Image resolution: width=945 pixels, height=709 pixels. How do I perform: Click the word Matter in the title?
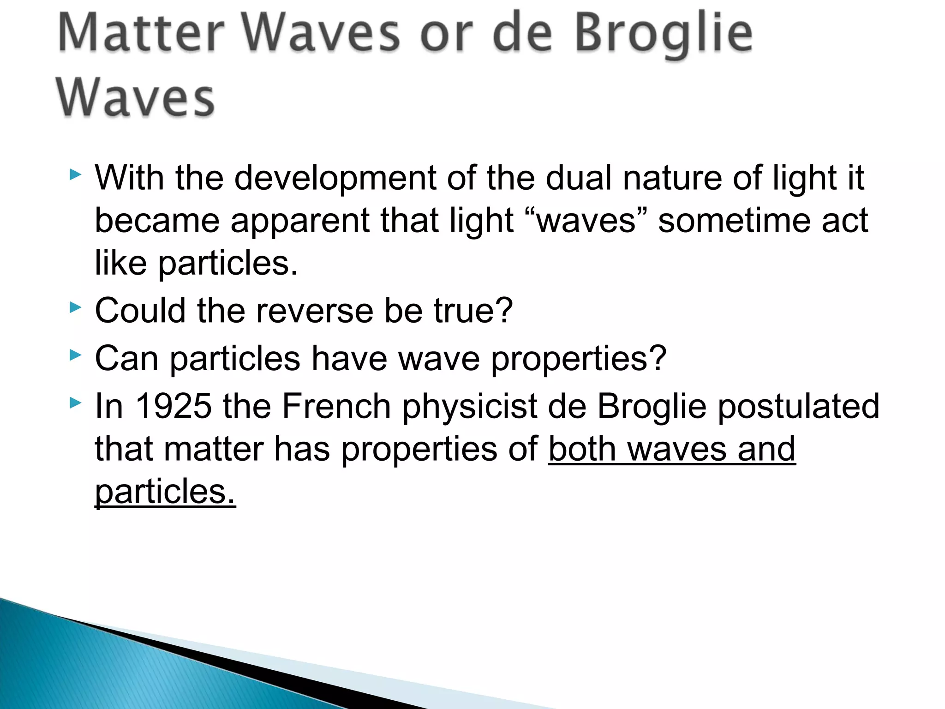pos(141,33)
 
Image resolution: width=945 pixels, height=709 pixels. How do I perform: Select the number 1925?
pos(173,406)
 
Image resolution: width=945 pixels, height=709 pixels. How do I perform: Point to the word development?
pos(335,179)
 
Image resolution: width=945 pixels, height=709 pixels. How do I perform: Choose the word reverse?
pos(314,311)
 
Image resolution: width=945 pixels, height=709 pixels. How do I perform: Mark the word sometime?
pos(733,221)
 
